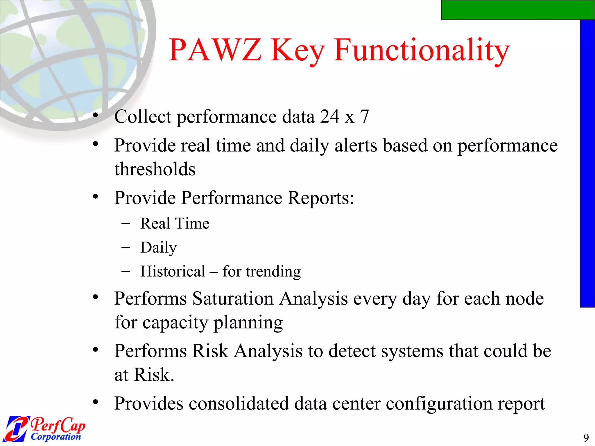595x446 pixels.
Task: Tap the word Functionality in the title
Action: [422, 51]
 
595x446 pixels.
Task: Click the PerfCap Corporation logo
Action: [45, 429]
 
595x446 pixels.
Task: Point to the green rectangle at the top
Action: [518, 10]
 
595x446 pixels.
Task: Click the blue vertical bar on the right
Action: [587, 163]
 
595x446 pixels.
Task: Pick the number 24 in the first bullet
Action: [330, 117]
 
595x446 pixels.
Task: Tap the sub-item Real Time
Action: [175, 224]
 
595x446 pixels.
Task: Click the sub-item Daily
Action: [158, 248]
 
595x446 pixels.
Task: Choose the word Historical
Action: [173, 271]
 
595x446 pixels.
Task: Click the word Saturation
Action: [233, 298]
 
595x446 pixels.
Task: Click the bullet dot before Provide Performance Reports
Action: [96, 197]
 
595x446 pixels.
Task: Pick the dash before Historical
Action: [126, 271]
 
